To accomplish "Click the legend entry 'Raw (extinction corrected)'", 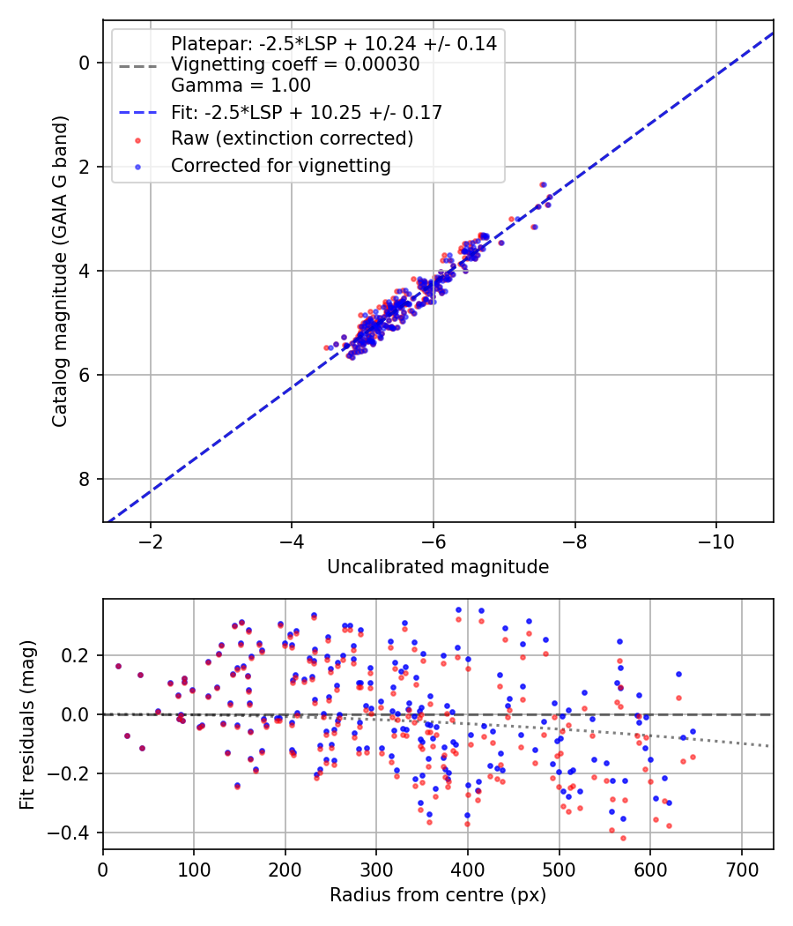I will (292, 138).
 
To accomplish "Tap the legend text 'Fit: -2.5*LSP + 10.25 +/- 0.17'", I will (307, 112).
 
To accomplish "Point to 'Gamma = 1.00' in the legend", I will (241, 86).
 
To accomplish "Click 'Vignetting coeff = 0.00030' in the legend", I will (295, 64).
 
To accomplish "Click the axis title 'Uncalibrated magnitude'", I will (438, 567).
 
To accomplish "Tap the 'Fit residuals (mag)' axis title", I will (27, 724).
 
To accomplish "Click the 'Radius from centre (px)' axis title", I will (438, 895).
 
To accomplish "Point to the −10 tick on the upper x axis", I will (715, 539).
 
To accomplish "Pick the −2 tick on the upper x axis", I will (151, 539).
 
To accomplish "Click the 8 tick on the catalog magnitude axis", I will (85, 479).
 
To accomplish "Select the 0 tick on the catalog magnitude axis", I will (85, 63).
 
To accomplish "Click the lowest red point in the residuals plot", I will (623, 838).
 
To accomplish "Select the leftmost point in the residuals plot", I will (118, 666).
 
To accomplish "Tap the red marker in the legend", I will (137, 139).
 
